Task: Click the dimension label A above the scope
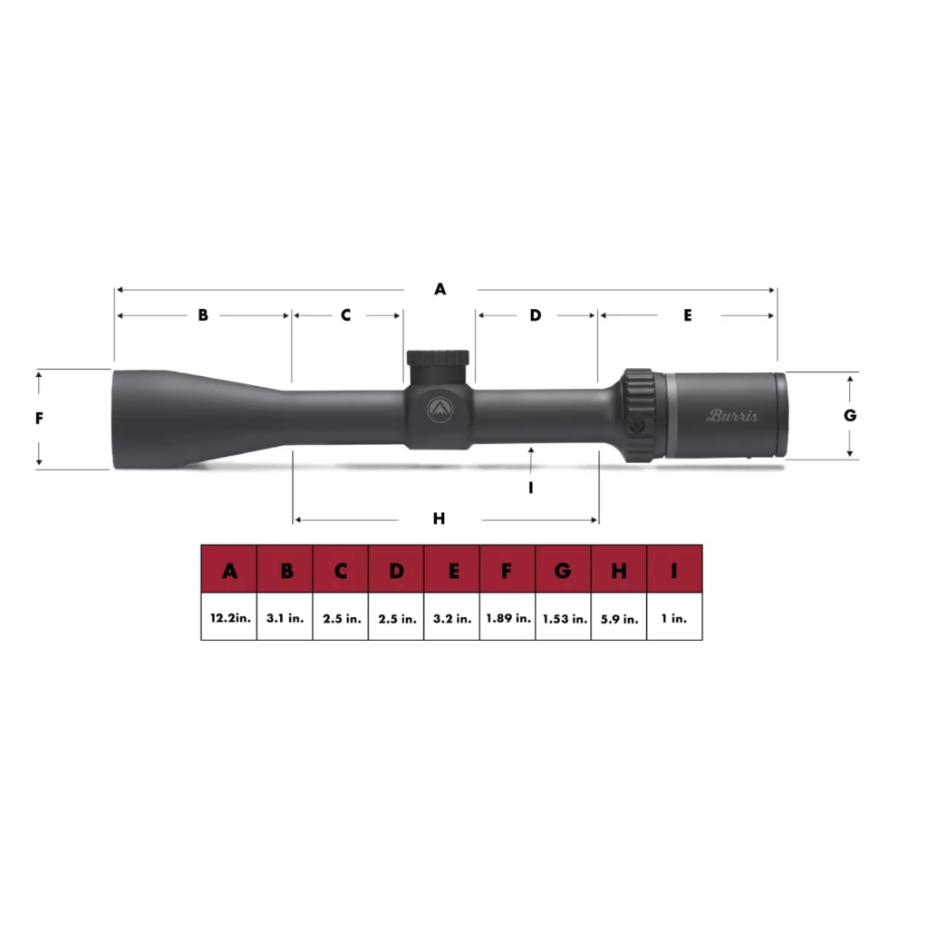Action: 440,289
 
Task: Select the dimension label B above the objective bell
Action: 203,315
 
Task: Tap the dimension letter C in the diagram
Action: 345,315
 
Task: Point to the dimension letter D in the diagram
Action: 535,315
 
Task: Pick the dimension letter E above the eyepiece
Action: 688,315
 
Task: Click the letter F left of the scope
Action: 39,419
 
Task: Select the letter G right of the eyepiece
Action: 849,416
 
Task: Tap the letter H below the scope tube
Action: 440,519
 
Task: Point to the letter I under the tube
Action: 531,488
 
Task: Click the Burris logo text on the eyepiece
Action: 732,416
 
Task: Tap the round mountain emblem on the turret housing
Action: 440,411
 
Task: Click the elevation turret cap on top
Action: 439,359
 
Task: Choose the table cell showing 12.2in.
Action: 229,618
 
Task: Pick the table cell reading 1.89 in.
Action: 507,618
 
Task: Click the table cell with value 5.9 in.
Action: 619,618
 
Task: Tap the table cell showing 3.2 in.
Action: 452,618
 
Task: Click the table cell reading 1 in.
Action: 674,618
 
